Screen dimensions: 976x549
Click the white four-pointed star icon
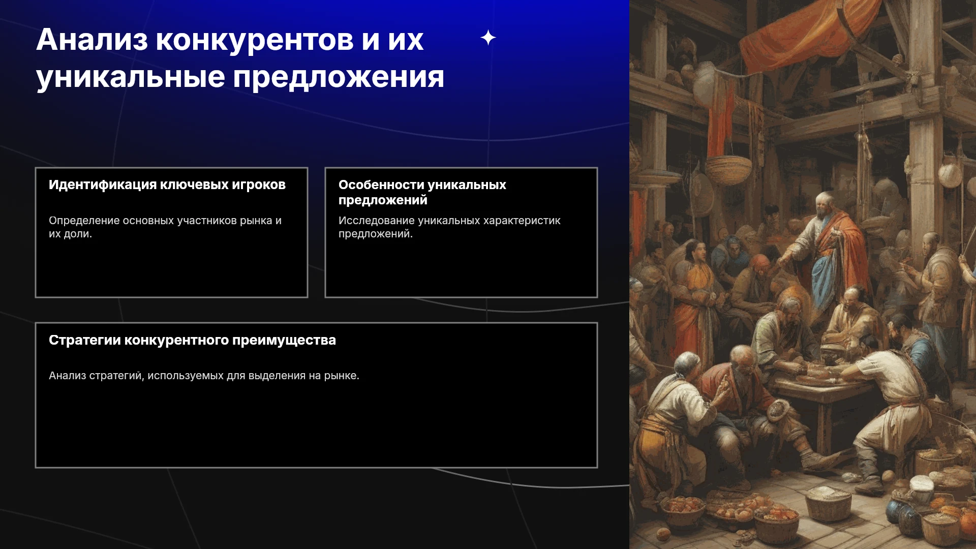(x=488, y=38)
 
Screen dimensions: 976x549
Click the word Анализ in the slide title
(x=92, y=40)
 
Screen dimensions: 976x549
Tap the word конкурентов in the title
(x=255, y=40)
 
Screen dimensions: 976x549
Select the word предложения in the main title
(x=339, y=77)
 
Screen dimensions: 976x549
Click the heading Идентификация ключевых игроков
(x=167, y=185)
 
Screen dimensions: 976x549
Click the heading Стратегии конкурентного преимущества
(x=192, y=340)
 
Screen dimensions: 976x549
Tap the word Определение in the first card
(x=84, y=221)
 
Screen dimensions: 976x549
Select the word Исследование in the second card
(x=377, y=221)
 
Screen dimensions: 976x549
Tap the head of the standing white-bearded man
(x=825, y=203)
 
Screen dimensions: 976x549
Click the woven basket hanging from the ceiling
(x=728, y=168)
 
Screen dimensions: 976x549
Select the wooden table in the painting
(x=829, y=396)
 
